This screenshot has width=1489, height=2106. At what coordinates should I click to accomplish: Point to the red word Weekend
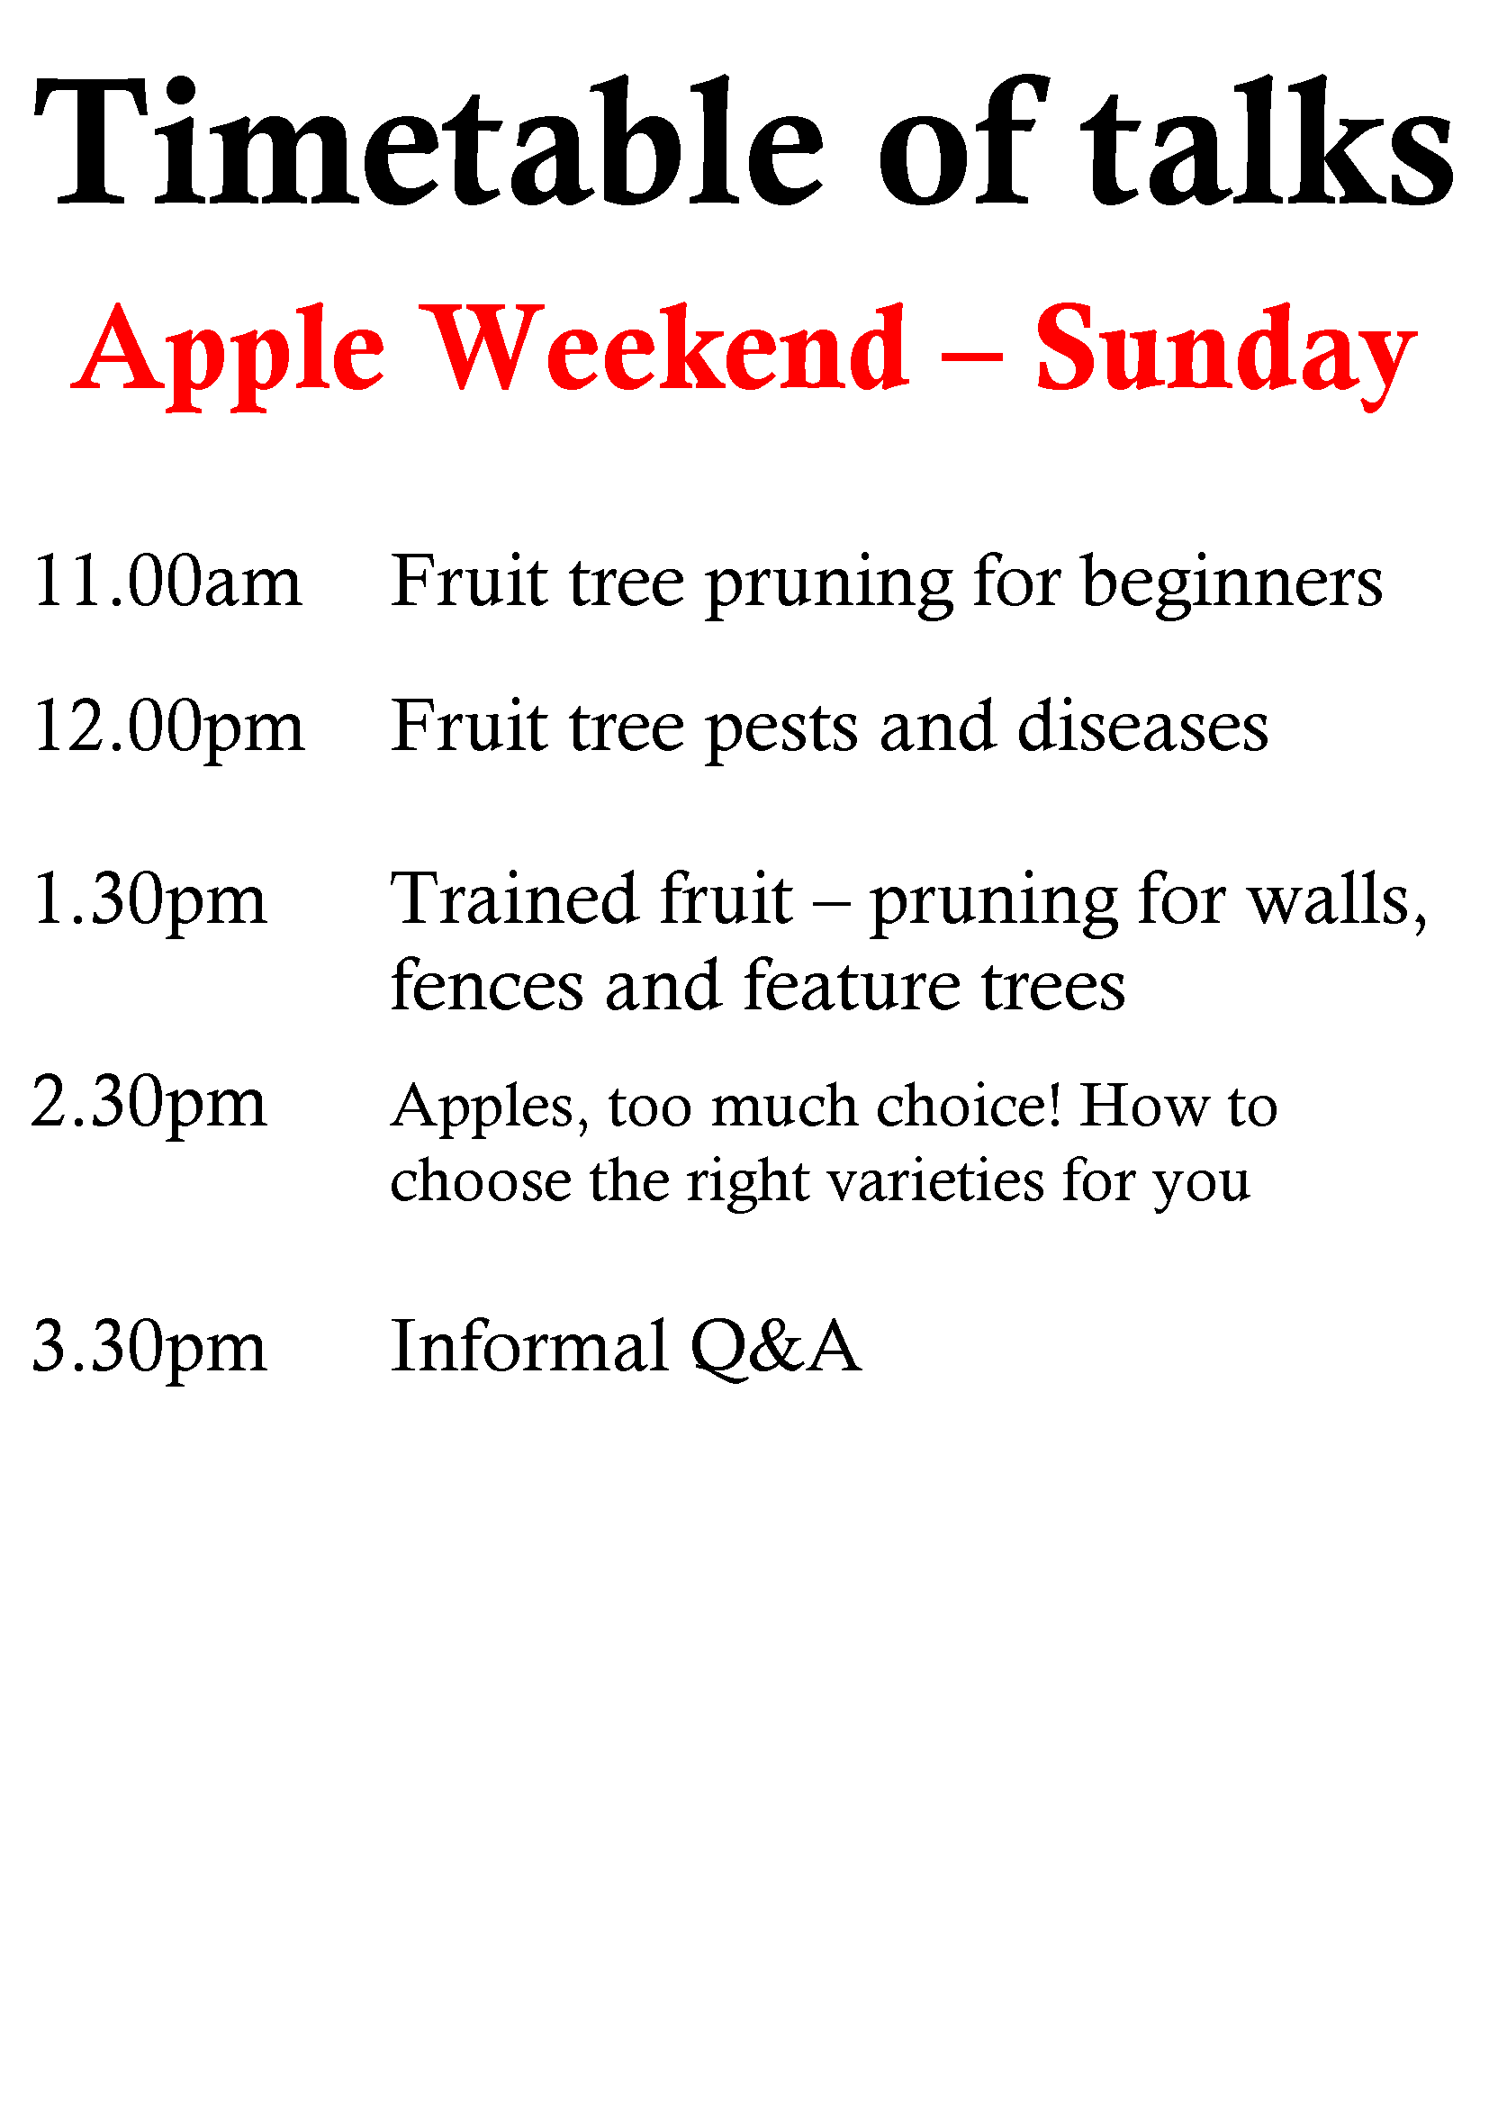(669, 348)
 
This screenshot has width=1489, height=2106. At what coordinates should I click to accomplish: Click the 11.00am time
(167, 582)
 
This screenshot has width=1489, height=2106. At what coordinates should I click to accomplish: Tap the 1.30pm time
(149, 902)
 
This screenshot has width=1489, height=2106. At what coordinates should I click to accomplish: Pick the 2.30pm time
(149, 1105)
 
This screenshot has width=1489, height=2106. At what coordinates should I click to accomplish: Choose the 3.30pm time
(149, 1350)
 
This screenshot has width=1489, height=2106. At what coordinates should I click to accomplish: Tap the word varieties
(936, 1180)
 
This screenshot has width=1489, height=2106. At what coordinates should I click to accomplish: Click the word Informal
(530, 1345)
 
